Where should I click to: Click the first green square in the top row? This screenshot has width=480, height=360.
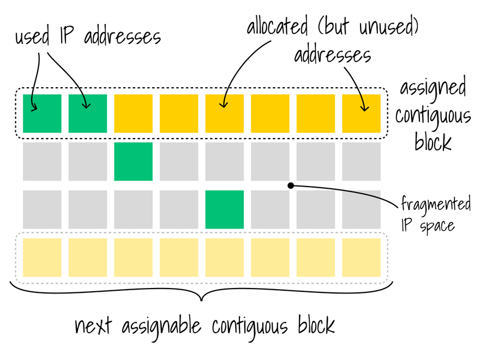[x=42, y=113]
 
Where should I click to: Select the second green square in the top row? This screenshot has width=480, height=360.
[x=87, y=113]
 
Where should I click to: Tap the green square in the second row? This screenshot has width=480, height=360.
[x=133, y=161]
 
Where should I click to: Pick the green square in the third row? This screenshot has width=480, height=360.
[x=224, y=209]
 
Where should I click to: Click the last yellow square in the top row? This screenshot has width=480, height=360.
[x=361, y=113]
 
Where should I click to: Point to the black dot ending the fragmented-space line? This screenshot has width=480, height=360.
[x=291, y=186]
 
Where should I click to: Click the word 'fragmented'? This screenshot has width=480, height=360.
[x=436, y=205]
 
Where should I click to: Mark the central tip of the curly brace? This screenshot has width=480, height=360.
[x=202, y=299]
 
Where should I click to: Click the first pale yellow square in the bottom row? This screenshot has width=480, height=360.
[x=42, y=257]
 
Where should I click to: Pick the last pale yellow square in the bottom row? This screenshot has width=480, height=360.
[x=361, y=257]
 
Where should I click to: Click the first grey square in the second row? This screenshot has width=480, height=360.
[x=42, y=161]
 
